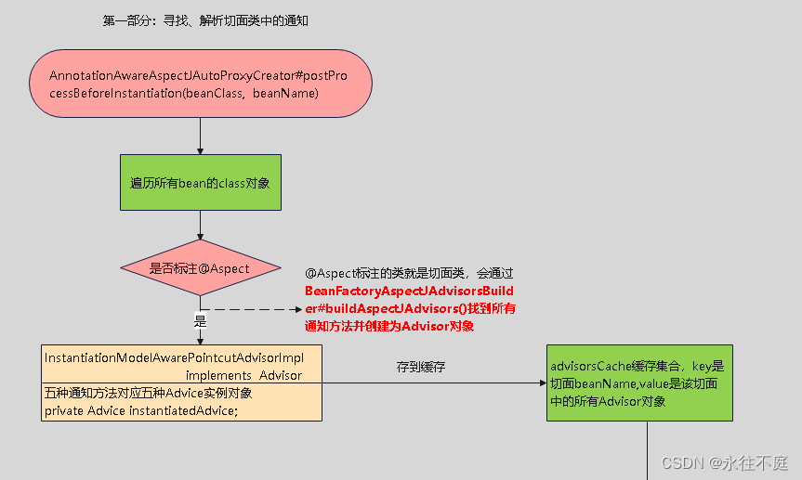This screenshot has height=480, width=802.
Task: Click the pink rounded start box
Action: point(200,84)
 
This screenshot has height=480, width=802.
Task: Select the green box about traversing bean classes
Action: point(200,183)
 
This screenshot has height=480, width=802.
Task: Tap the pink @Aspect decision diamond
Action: point(200,268)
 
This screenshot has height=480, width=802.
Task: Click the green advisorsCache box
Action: point(639,383)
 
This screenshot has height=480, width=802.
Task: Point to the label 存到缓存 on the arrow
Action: point(421,367)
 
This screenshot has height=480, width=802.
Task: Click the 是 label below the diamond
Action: point(200,321)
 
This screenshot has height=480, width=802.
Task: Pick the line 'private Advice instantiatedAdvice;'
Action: point(141,409)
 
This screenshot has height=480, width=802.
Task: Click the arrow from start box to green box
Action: point(200,135)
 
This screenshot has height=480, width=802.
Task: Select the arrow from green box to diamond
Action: point(200,226)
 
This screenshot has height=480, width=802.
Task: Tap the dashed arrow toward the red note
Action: point(251,309)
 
